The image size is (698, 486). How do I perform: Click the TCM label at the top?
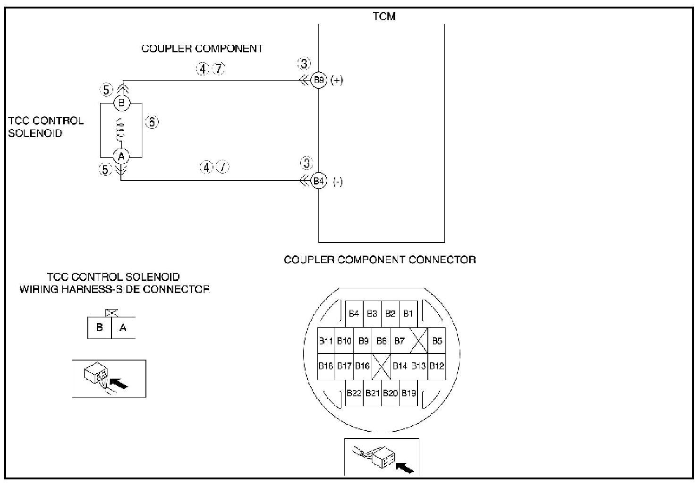click(x=384, y=17)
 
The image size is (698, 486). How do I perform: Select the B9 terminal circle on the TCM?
click(x=319, y=80)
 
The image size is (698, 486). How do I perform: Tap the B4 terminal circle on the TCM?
click(x=319, y=181)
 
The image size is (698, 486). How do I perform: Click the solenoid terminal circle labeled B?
click(x=121, y=103)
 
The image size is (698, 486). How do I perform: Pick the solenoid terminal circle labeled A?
click(x=121, y=156)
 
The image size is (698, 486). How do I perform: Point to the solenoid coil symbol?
click(x=121, y=129)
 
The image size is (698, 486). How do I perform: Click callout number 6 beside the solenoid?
click(x=152, y=122)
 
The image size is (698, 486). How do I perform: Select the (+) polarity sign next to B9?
click(x=337, y=80)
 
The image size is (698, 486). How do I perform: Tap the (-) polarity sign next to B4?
click(x=338, y=182)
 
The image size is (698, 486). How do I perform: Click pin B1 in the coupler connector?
click(x=408, y=313)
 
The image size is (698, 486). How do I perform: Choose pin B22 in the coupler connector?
click(x=354, y=393)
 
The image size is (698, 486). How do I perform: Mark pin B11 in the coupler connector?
click(x=326, y=341)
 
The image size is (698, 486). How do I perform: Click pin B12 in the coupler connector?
click(x=437, y=366)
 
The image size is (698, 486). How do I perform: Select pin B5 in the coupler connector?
click(x=437, y=341)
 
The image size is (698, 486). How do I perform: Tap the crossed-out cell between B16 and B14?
click(x=381, y=366)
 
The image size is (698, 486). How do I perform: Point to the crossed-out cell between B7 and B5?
click(x=418, y=341)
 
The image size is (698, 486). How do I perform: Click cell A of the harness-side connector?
click(x=123, y=327)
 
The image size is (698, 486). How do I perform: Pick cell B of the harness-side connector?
click(x=100, y=327)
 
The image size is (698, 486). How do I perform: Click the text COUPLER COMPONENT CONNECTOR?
click(x=380, y=260)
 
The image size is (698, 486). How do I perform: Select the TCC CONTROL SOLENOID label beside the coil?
click(x=45, y=127)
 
